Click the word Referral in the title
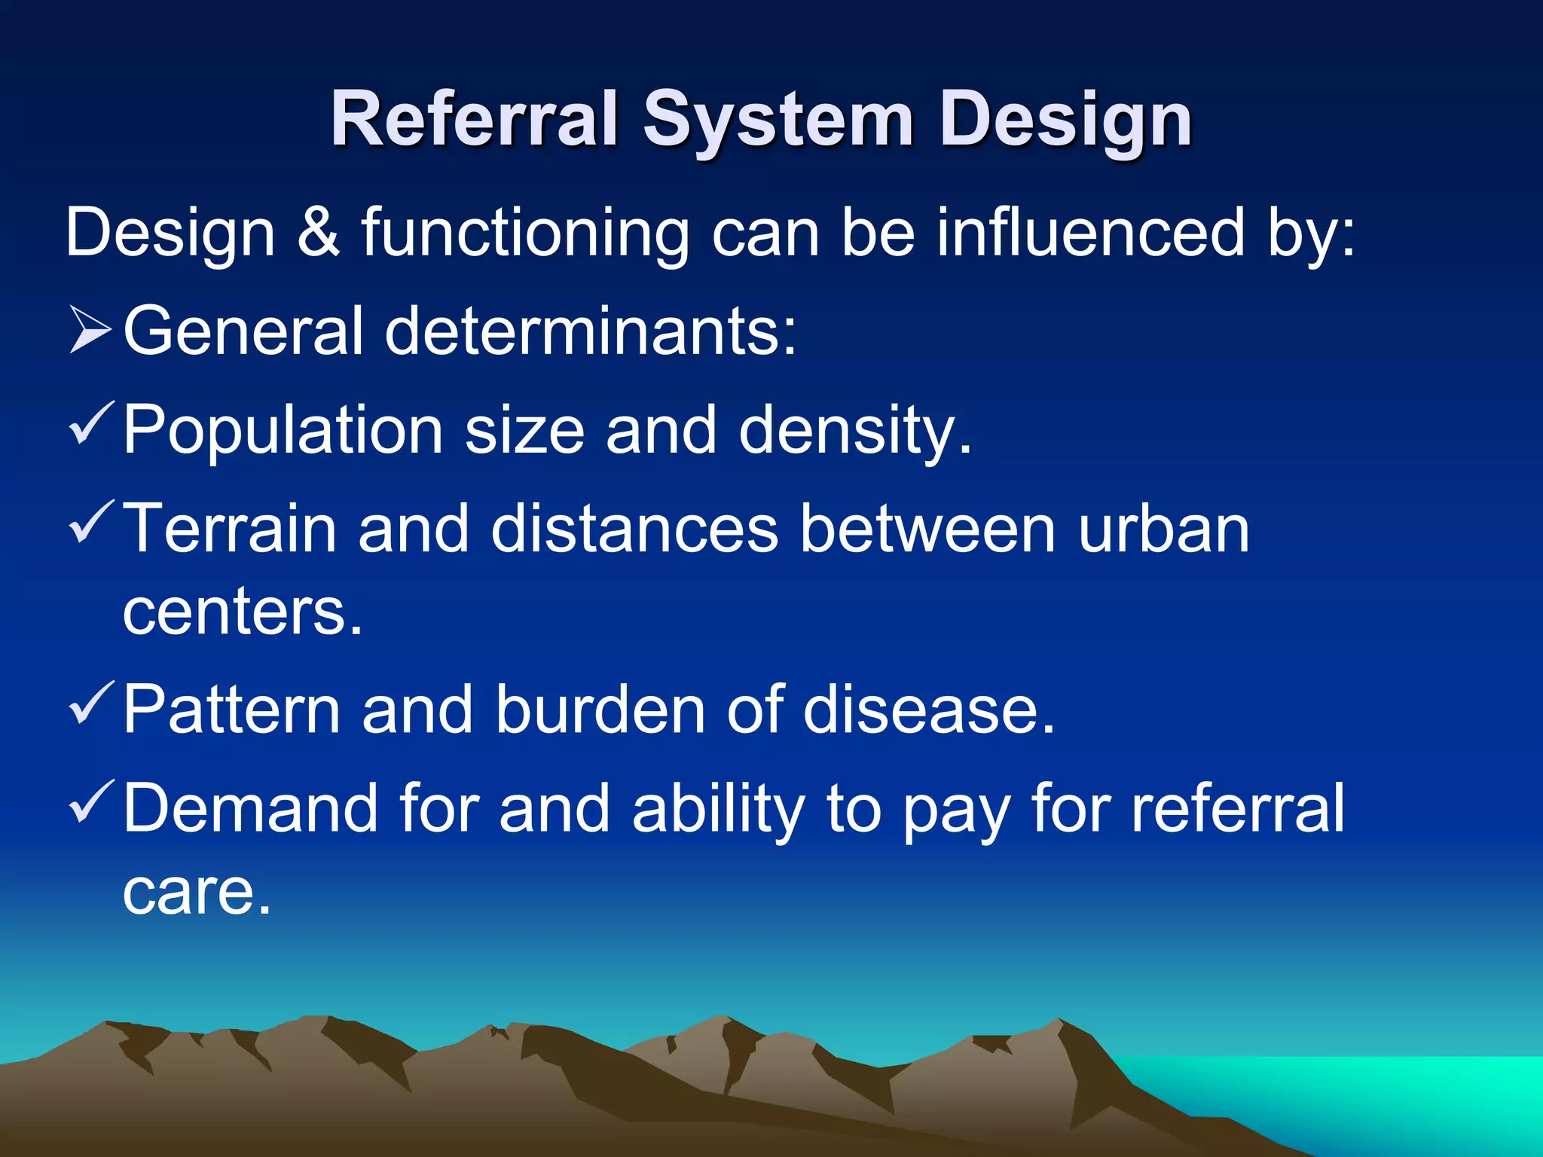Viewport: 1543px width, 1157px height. click(x=473, y=119)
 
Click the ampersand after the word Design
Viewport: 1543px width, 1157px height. click(x=318, y=232)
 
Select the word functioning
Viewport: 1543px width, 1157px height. click(x=525, y=234)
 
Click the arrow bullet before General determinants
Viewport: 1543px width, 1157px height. click(x=90, y=330)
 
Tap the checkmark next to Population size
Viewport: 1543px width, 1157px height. click(x=91, y=423)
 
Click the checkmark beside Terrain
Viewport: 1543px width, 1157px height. click(x=91, y=522)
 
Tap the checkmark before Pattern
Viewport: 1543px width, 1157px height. click(x=91, y=702)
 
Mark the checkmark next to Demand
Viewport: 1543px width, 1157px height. click(x=91, y=801)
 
